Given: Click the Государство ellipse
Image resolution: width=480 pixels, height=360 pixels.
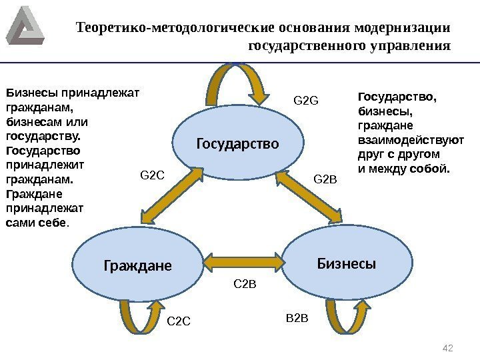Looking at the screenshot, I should [237, 143].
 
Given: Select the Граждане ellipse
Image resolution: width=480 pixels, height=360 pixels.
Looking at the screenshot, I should [137, 265].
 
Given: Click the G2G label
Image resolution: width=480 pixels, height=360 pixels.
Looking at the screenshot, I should [307, 101].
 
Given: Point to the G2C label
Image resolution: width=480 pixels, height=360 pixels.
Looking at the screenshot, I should [151, 175].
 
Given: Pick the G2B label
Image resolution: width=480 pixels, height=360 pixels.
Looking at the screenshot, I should [326, 179].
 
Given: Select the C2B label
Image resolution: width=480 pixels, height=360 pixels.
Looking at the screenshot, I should [245, 285].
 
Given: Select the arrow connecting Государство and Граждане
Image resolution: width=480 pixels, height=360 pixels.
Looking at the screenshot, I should [171, 197].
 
